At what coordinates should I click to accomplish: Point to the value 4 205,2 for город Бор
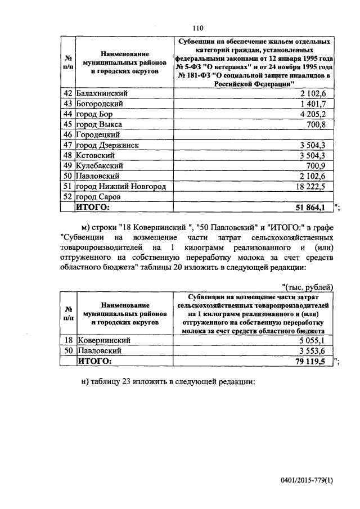point(317,114)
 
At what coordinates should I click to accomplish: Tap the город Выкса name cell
point(100,124)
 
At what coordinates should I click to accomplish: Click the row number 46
point(67,135)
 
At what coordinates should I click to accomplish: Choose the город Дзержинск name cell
point(109,145)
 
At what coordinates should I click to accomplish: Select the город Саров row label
point(101,197)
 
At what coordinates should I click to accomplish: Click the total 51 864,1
point(311,208)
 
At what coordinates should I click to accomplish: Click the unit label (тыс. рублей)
point(307,287)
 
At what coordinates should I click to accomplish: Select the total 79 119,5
point(311,361)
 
